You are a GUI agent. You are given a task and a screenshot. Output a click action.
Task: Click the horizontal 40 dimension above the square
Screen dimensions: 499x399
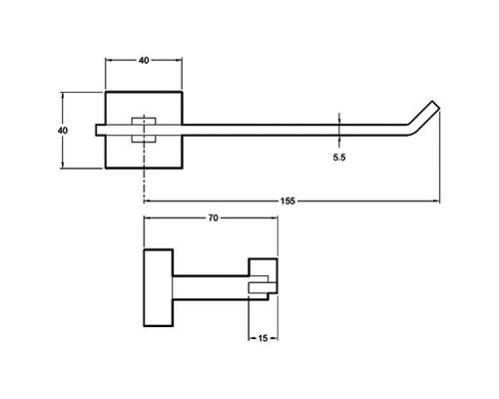(x=144, y=60)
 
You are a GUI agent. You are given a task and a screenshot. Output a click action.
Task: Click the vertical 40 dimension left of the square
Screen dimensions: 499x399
(x=62, y=131)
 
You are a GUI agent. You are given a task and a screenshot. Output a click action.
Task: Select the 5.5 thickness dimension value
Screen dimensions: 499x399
(x=339, y=158)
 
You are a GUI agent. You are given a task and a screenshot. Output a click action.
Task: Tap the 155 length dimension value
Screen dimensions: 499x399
(x=287, y=200)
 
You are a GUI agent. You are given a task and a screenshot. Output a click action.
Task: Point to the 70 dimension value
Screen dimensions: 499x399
(x=214, y=217)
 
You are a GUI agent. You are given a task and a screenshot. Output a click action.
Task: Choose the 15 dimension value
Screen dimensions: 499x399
(x=262, y=338)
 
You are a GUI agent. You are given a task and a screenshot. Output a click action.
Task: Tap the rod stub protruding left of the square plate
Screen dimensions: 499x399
(x=101, y=130)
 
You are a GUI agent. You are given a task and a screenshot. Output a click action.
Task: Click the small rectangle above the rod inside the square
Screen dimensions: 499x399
(x=144, y=121)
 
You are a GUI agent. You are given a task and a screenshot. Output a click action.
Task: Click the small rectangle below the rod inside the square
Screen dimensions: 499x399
(x=144, y=139)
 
